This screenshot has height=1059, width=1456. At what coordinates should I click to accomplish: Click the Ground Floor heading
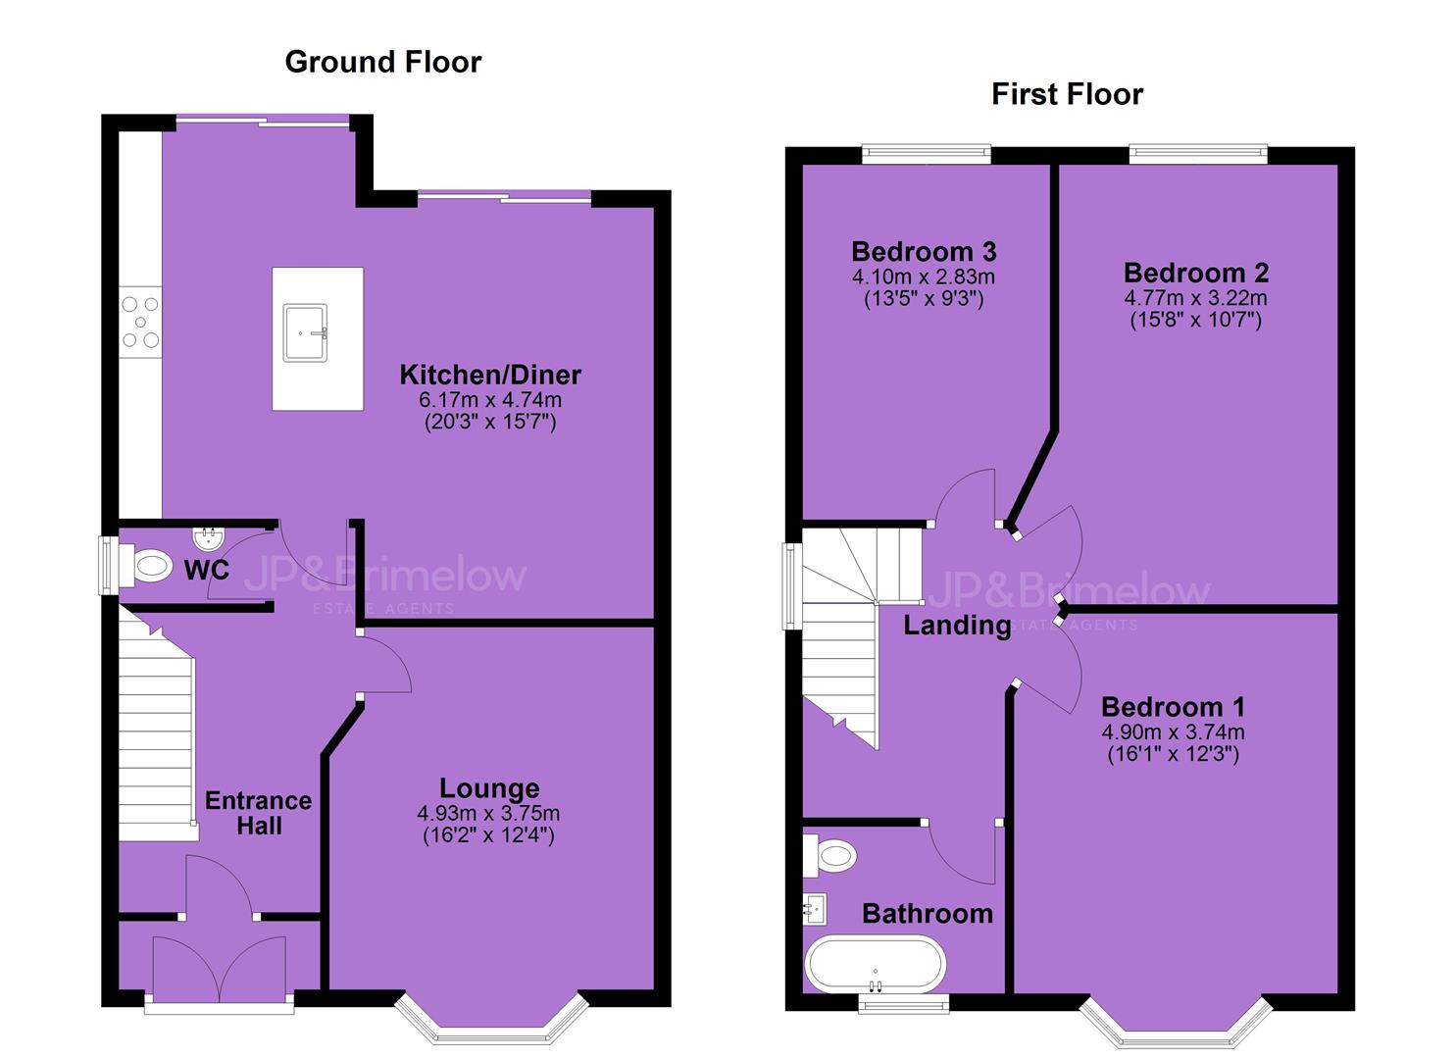pyautogui.click(x=382, y=63)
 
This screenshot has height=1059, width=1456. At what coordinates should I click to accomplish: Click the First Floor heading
pyautogui.click(x=1068, y=94)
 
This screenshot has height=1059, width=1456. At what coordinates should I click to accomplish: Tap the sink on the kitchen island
pyautogui.click(x=305, y=332)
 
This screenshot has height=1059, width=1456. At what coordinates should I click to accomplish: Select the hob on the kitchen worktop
pyautogui.click(x=140, y=322)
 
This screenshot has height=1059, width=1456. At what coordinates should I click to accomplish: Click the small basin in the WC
pyautogui.click(x=209, y=536)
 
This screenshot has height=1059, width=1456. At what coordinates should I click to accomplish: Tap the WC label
pyautogui.click(x=207, y=570)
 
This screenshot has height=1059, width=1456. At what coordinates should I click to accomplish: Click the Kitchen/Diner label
pyautogui.click(x=490, y=376)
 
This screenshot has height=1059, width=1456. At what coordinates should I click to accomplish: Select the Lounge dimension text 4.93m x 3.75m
pyautogui.click(x=489, y=813)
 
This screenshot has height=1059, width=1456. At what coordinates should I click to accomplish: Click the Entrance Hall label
pyautogui.click(x=259, y=813)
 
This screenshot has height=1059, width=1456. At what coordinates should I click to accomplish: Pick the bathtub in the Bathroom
pyautogui.click(x=875, y=965)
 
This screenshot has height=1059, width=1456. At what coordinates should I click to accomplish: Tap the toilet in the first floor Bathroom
pyautogui.click(x=830, y=856)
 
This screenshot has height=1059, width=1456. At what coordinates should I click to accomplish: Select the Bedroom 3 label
pyautogui.click(x=924, y=252)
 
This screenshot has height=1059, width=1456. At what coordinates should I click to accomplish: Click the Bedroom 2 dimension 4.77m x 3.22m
pyautogui.click(x=1195, y=298)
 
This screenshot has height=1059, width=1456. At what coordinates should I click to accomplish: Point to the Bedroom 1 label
pyautogui.click(x=1174, y=707)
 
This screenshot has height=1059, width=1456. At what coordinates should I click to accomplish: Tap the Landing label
pyautogui.click(x=958, y=626)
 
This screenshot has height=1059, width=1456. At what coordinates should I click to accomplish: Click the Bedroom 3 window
pyautogui.click(x=927, y=154)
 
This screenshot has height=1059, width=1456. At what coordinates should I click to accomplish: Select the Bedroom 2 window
pyautogui.click(x=1198, y=154)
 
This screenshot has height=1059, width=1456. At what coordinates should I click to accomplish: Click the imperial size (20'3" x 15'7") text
pyautogui.click(x=490, y=423)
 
